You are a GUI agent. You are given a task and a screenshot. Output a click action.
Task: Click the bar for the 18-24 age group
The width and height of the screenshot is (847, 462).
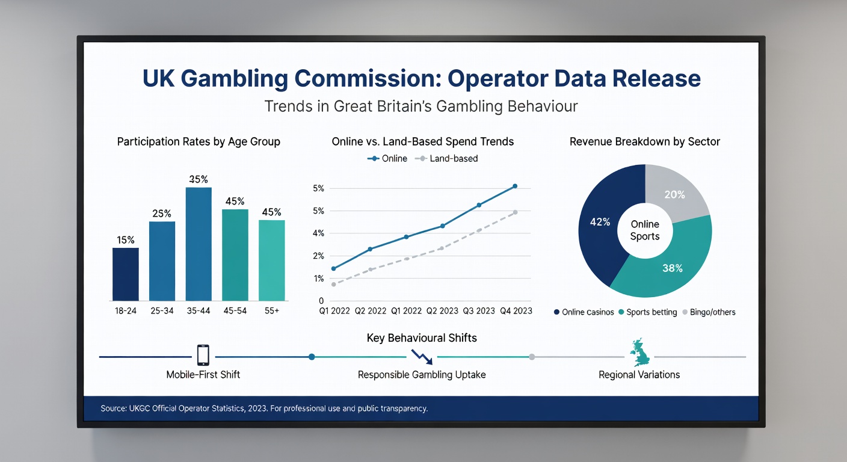125,274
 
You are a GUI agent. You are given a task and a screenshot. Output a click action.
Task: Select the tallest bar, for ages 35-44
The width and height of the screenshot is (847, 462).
199,244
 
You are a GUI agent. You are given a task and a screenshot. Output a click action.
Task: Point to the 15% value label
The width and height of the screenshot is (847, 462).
126,240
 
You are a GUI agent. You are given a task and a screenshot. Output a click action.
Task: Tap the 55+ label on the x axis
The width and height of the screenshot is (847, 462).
271,310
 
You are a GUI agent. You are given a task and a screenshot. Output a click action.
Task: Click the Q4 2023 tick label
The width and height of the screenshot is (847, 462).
515,310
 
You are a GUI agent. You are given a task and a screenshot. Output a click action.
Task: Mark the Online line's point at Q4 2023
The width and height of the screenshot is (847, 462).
515,186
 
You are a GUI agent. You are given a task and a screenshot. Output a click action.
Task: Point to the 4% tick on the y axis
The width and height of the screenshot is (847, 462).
318,233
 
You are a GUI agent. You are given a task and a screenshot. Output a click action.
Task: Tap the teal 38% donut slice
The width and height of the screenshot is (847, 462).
668,268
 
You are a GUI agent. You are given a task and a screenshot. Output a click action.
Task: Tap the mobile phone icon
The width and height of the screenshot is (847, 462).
203,355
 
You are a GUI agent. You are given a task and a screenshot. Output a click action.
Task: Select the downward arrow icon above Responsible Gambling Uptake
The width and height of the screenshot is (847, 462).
422,356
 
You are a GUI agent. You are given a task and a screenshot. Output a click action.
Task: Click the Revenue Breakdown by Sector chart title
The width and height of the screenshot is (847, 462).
645,142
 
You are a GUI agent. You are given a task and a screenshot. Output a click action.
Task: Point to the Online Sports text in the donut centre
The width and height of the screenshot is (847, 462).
645,230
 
